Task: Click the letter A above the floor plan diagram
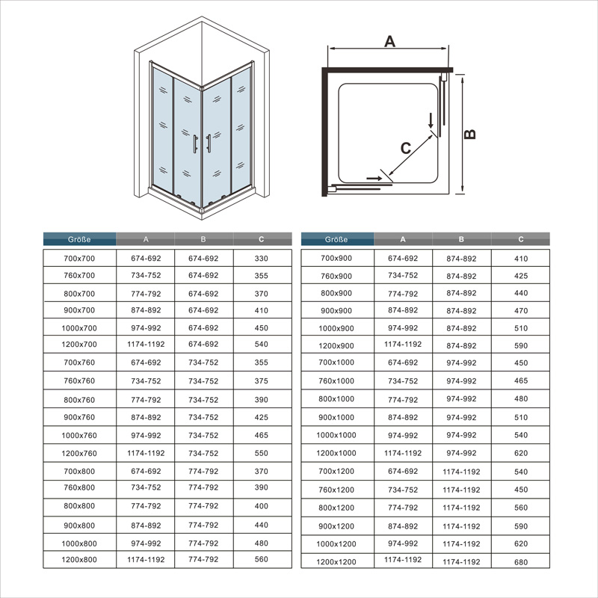tap(389, 41)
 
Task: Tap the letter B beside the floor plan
tap(470, 134)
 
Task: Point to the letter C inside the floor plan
tap(405, 148)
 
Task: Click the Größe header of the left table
tap(79, 240)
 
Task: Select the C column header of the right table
tap(521, 240)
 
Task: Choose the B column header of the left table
tap(203, 240)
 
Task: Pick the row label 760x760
tap(79, 381)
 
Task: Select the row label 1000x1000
tap(336, 435)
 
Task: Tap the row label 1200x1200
tap(336, 561)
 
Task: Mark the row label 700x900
tap(336, 258)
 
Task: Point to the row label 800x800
tap(79, 506)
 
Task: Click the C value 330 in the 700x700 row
tap(262, 258)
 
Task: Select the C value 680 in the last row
tap(521, 561)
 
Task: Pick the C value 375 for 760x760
tap(262, 381)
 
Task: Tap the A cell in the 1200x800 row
tap(145, 559)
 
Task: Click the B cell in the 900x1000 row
tap(461, 418)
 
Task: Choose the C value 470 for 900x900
tap(521, 311)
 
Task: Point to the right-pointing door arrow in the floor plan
tap(373, 179)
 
